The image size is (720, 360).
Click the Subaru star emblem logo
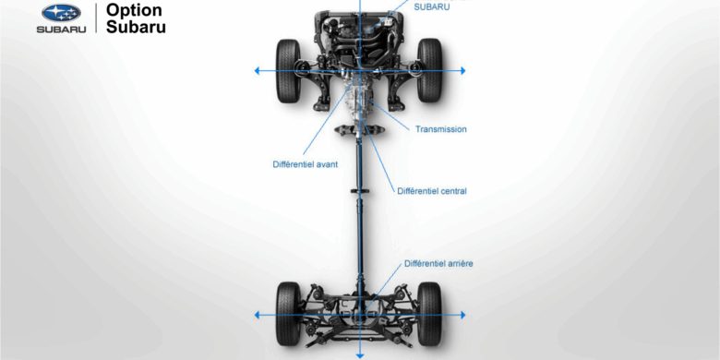pos(61,13)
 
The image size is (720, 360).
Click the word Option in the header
pos(134,10)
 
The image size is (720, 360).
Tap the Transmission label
pos(441,129)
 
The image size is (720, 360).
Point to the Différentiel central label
pos(431,191)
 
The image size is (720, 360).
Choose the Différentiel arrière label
pos(438,263)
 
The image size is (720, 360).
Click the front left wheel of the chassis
pos(288,70)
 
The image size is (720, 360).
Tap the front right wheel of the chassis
pos(429,70)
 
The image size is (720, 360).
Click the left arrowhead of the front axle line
pos(258,71)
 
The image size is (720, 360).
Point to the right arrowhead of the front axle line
pos(462,71)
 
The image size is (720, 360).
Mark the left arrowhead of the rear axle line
pos(258,315)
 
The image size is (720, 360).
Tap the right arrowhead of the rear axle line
pos(462,315)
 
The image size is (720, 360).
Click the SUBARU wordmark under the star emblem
pos(61,30)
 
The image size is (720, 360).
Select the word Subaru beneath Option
pos(137,28)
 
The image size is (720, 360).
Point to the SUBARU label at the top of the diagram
pos(431,6)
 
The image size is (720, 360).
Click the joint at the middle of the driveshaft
pos(360,191)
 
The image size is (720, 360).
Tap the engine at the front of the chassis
pos(360,32)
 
